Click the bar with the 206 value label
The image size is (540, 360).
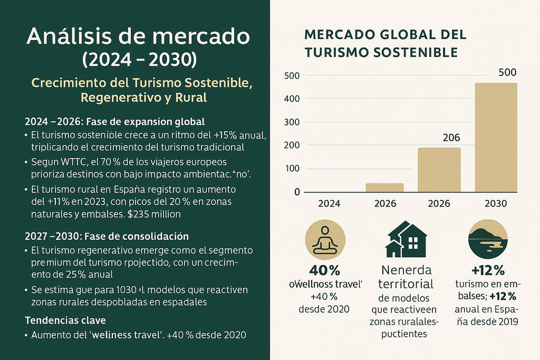[x=439, y=169]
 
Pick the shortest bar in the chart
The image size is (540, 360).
[x=385, y=188]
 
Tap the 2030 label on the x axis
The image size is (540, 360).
[x=495, y=203]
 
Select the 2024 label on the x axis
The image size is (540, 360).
[x=329, y=203]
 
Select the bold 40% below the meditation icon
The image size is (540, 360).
[x=324, y=271]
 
